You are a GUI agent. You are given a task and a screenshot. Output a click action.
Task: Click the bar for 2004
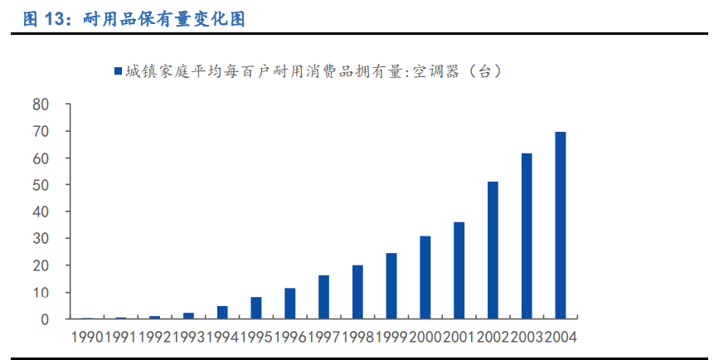click(561, 226)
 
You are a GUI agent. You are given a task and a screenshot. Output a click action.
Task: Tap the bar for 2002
click(493, 251)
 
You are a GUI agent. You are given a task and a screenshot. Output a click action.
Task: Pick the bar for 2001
click(459, 270)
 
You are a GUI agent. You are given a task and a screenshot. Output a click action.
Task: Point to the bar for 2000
click(425, 278)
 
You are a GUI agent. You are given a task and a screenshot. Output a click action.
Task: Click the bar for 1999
click(391, 286)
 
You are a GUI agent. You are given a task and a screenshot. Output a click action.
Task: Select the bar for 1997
click(323, 297)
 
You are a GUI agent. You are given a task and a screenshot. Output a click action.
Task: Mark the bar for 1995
click(256, 308)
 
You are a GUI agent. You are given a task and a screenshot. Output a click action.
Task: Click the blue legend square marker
click(117, 72)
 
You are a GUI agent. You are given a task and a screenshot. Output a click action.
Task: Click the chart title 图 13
click(134, 19)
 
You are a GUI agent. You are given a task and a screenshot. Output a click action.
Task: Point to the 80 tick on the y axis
click(41, 105)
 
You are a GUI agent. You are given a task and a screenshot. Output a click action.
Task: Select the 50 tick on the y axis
click(41, 185)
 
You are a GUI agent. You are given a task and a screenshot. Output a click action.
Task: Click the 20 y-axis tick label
click(41, 265)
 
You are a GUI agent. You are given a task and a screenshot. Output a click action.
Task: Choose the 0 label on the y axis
click(46, 319)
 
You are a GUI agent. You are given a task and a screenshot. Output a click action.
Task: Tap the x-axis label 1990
click(87, 337)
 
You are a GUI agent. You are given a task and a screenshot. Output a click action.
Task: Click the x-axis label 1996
click(290, 337)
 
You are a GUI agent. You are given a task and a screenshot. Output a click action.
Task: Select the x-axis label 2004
click(561, 337)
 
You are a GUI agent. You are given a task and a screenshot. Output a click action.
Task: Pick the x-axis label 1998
click(357, 337)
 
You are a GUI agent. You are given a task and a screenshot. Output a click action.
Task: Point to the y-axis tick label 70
click(41, 131)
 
